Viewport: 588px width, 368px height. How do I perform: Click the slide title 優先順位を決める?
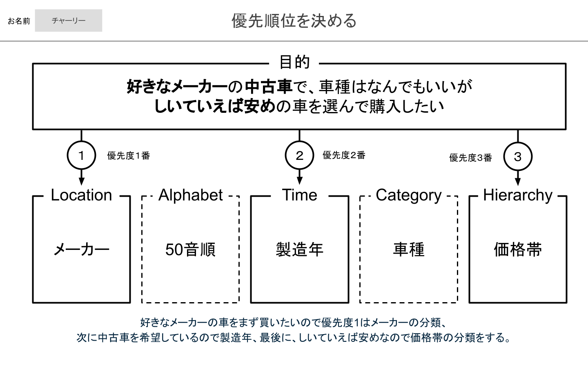(x=294, y=21)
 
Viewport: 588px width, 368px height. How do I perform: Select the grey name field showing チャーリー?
(x=69, y=20)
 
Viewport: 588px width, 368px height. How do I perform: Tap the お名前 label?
(x=19, y=21)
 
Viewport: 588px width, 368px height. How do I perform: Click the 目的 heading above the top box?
(x=294, y=62)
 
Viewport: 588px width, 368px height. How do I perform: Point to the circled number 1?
(x=81, y=155)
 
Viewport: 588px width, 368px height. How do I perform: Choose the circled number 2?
(x=300, y=155)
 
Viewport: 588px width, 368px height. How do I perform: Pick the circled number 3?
(x=518, y=157)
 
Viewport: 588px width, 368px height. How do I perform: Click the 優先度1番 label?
(x=129, y=156)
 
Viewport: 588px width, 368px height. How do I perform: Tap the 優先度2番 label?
(x=344, y=155)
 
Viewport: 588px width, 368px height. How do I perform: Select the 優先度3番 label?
(x=470, y=158)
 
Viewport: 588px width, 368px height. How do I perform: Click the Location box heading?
(x=81, y=195)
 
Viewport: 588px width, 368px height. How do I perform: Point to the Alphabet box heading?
(x=191, y=195)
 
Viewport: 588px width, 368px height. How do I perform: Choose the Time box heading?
(x=300, y=195)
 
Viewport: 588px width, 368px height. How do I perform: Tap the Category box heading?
(x=409, y=195)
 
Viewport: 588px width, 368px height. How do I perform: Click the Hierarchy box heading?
(x=518, y=195)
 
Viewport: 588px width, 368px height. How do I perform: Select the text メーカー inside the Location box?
(x=81, y=249)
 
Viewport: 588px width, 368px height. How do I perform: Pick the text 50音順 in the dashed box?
(x=191, y=249)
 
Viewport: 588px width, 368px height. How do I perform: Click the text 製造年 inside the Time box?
(x=300, y=249)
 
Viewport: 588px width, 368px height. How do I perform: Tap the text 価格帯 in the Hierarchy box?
(x=518, y=249)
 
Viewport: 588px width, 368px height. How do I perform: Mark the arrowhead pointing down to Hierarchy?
(x=518, y=182)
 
